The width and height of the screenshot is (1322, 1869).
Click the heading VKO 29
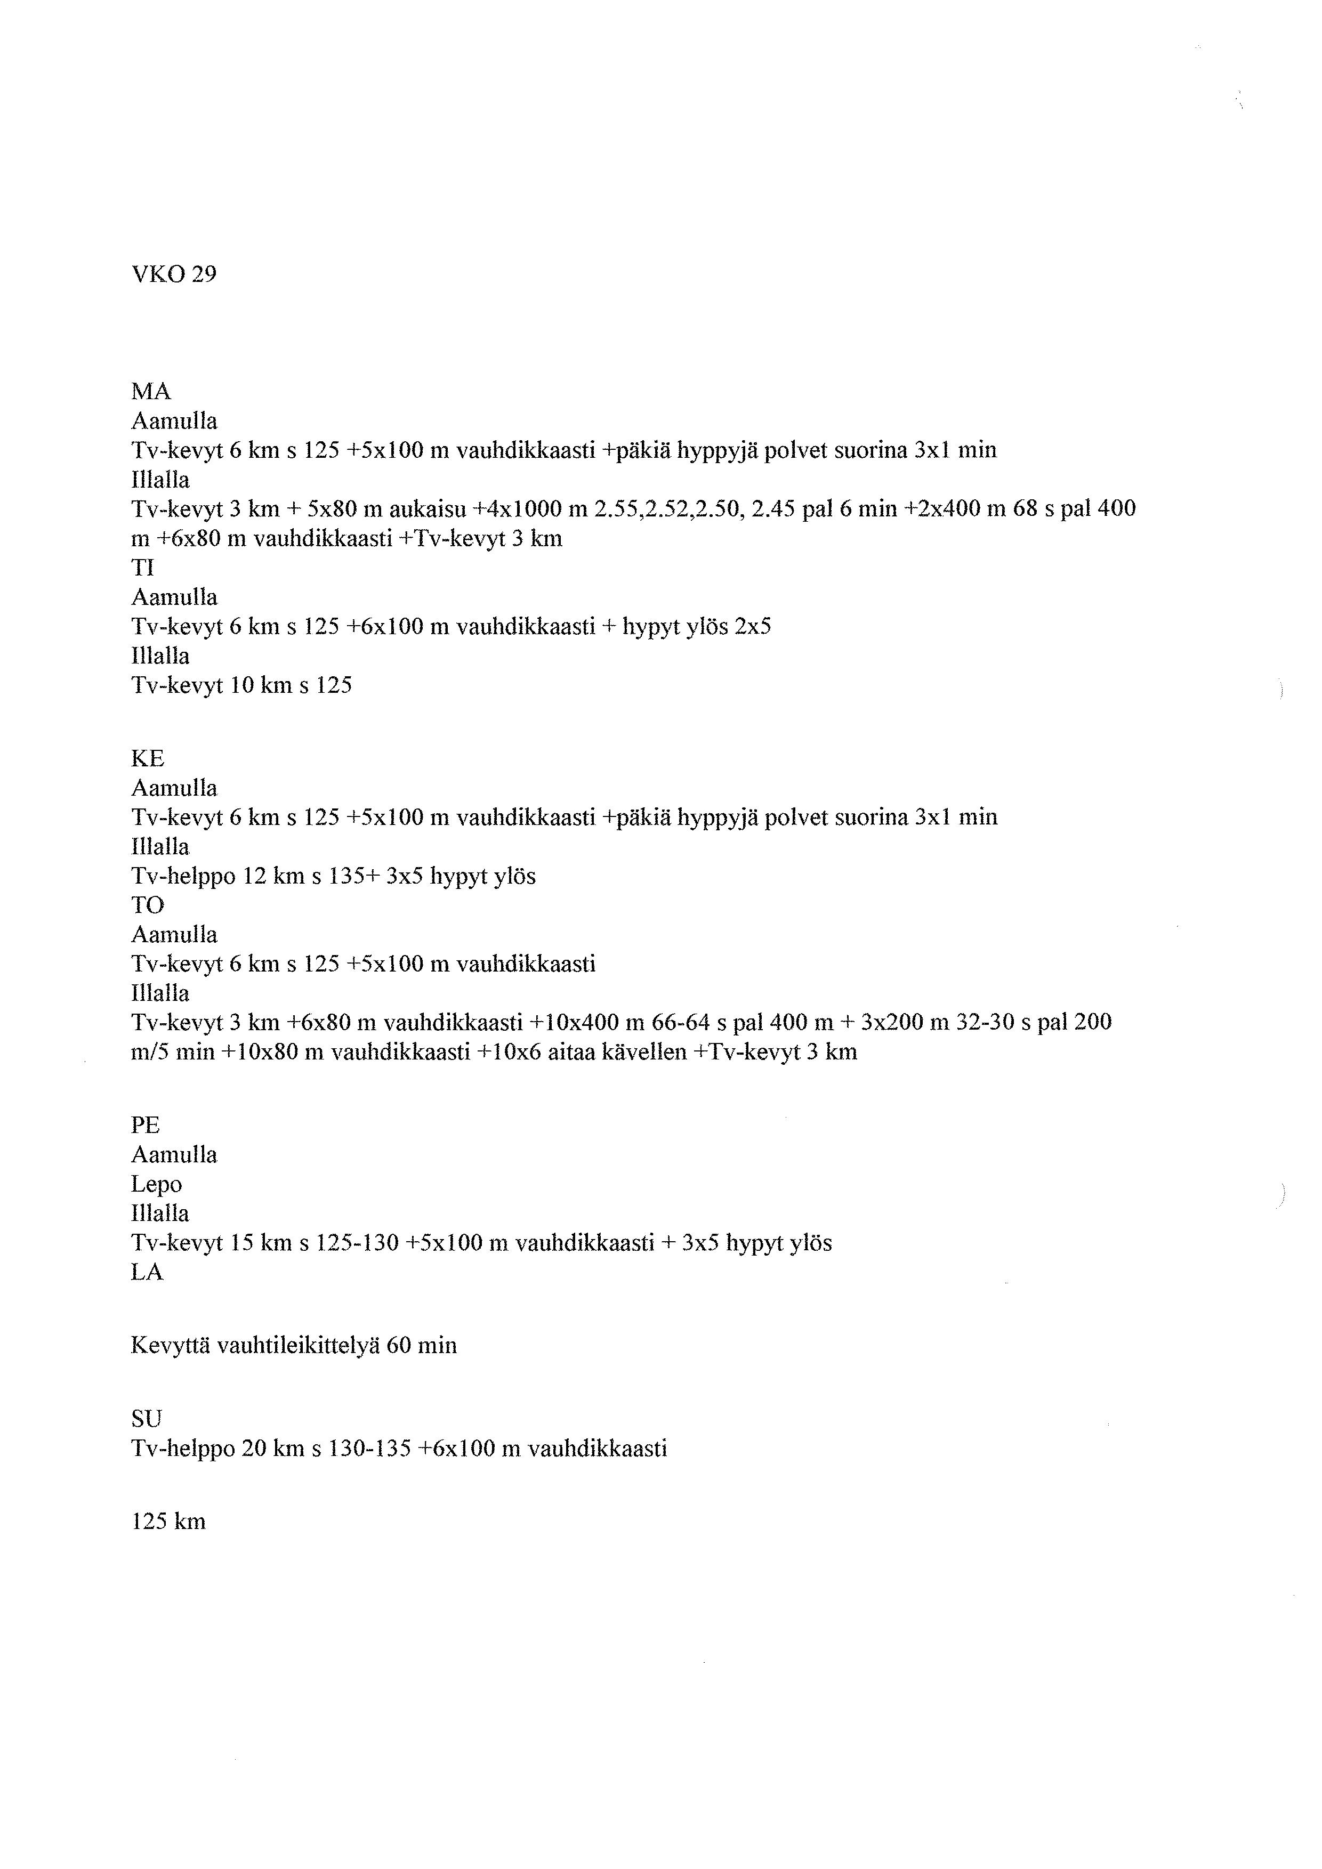click(173, 274)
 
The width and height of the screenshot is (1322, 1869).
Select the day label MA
click(151, 392)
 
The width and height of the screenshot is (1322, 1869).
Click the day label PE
click(145, 1126)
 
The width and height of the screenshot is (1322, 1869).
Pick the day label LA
click(147, 1272)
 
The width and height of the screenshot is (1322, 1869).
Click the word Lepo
click(156, 1184)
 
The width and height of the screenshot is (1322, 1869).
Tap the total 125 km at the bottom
click(168, 1522)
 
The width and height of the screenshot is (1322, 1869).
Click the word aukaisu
click(428, 509)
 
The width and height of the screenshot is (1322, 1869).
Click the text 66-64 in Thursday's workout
click(681, 1022)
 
